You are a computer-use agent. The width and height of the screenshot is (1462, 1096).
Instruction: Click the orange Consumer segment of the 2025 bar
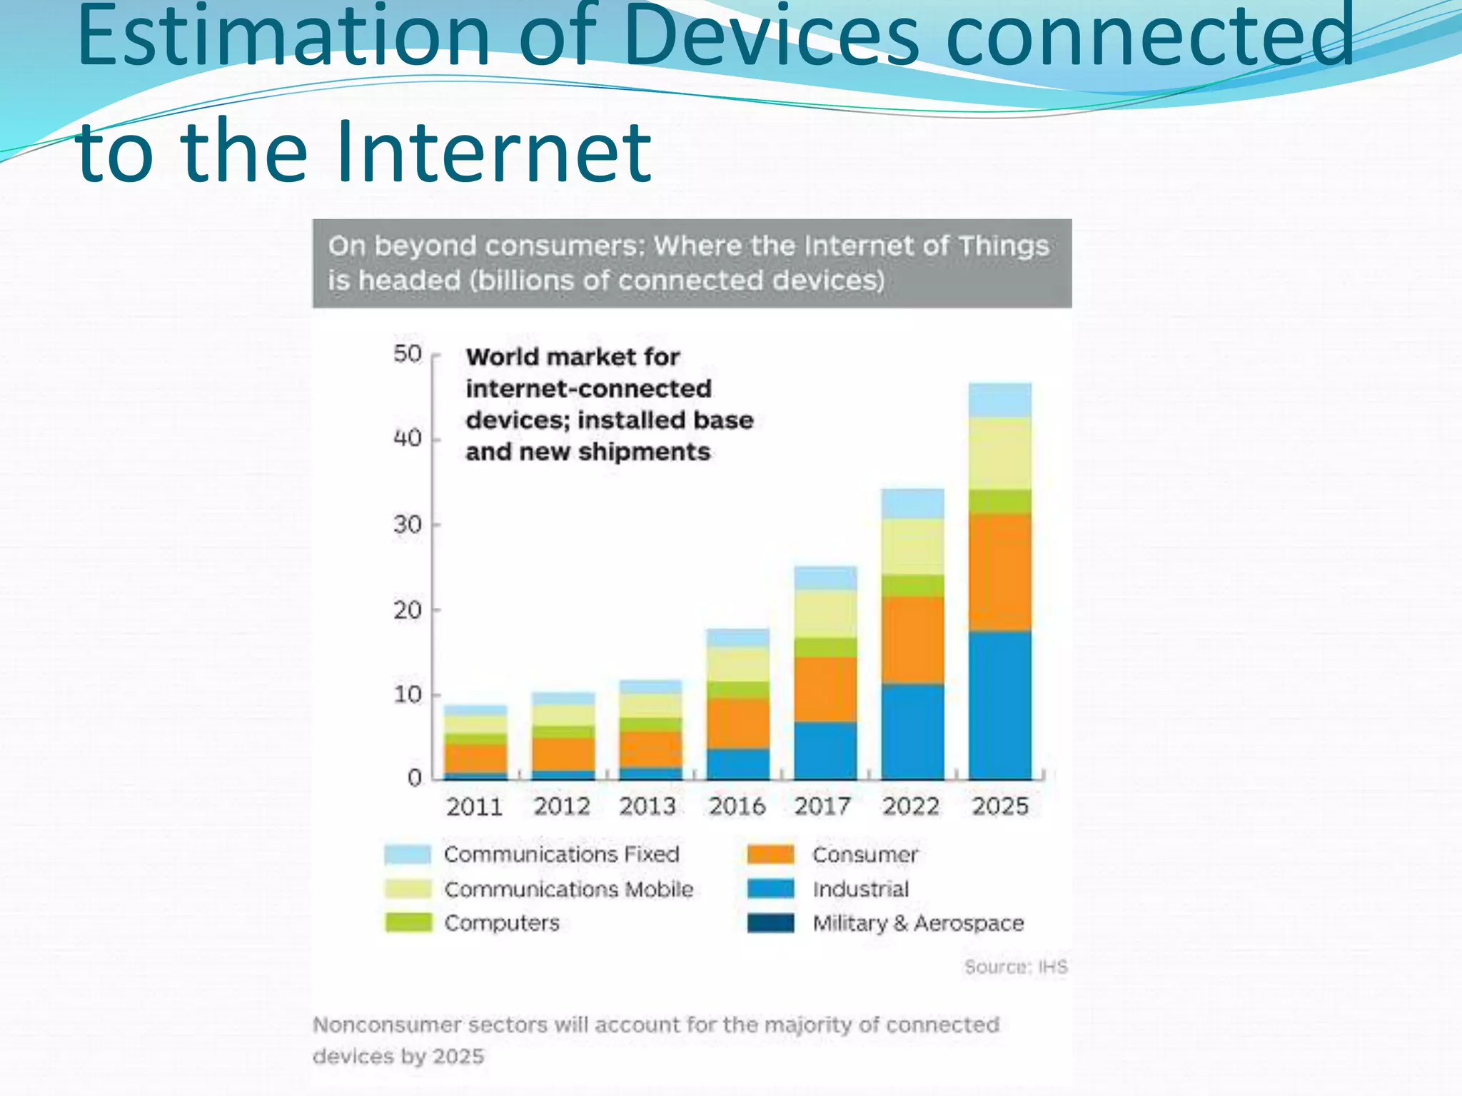coord(999,572)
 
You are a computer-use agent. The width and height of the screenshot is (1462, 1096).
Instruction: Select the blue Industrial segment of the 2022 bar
coord(912,731)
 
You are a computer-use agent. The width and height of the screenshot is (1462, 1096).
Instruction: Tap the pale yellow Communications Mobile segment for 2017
coord(825,614)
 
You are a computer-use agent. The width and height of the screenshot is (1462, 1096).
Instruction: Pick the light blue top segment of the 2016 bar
coord(738,638)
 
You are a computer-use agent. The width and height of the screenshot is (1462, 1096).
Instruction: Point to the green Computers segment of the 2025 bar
coord(999,502)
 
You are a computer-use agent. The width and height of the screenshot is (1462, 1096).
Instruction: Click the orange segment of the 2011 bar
coord(475,758)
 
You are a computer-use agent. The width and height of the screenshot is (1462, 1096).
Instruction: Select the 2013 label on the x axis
coord(647,806)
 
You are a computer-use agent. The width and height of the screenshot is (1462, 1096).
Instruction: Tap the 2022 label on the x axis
coord(911,806)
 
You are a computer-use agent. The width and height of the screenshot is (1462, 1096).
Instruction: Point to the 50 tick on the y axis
coord(408,354)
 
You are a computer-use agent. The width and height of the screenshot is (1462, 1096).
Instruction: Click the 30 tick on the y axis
coord(408,524)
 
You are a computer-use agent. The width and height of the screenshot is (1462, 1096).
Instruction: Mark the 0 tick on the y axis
coord(415,778)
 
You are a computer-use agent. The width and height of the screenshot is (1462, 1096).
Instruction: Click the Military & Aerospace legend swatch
coord(770,923)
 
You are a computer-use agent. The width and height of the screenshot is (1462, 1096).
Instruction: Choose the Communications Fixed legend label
coord(561,854)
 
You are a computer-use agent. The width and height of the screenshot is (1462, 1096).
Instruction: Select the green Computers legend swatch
coord(408,923)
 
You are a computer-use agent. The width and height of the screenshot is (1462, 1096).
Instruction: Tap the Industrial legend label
coord(860,889)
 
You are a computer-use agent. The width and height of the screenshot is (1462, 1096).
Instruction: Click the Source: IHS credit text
coord(1015,967)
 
